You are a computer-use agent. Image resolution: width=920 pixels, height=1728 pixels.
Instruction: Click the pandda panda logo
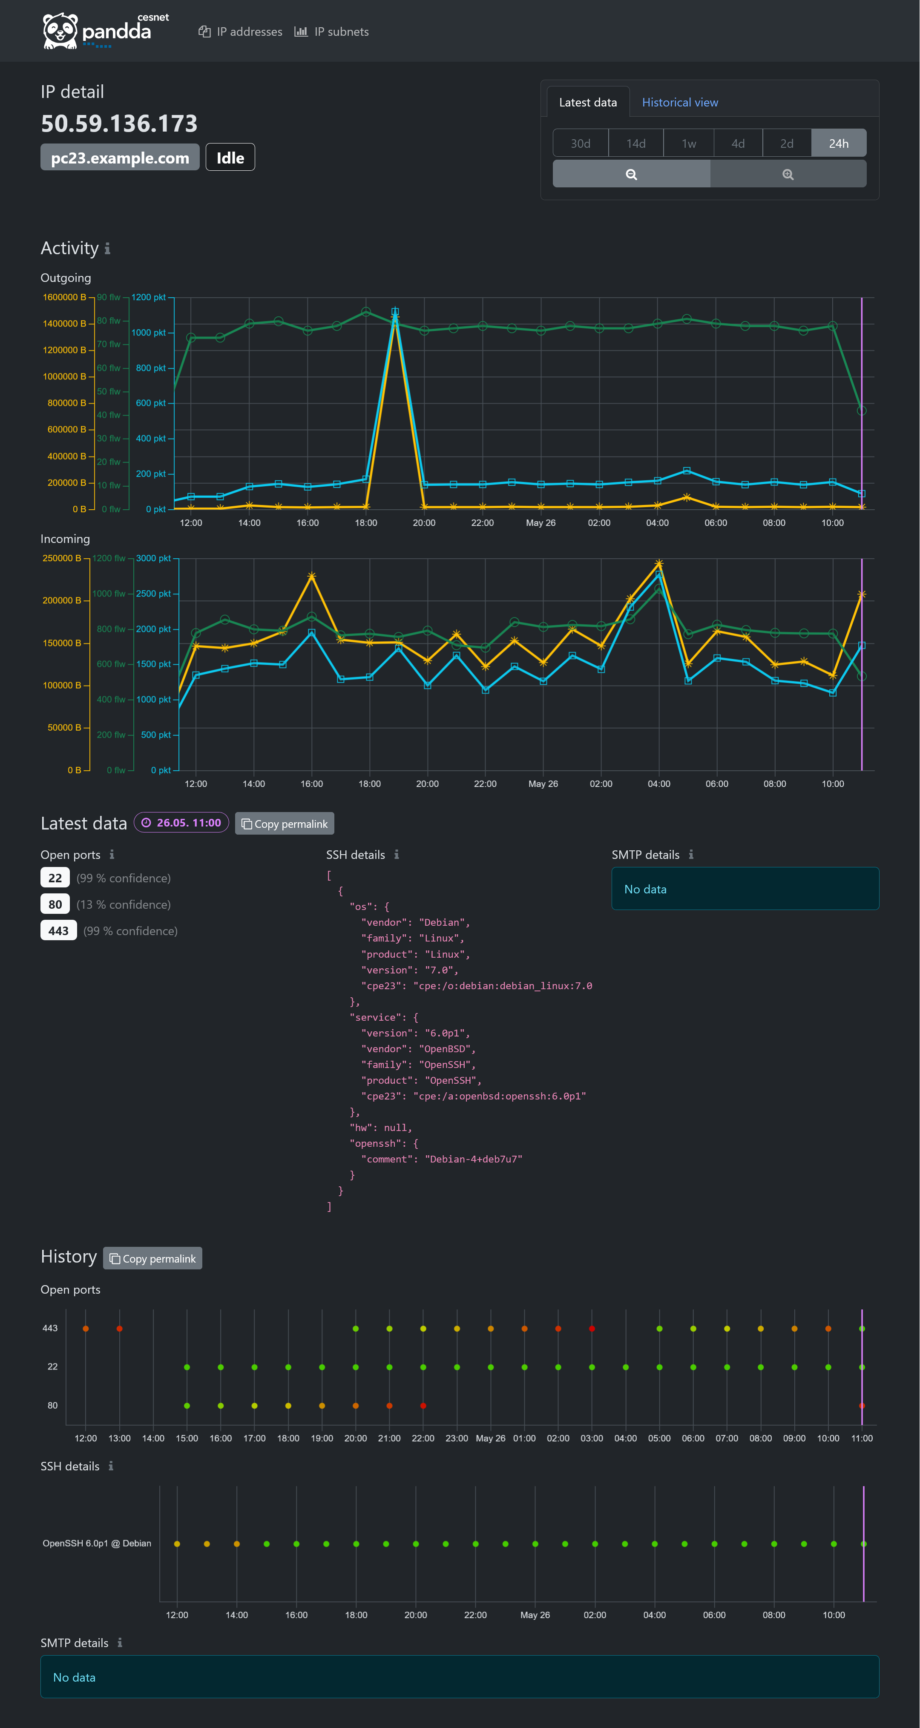(60, 31)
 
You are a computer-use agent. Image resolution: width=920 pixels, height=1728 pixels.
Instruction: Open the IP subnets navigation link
(332, 32)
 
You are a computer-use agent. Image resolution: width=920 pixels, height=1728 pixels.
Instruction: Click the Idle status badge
(230, 158)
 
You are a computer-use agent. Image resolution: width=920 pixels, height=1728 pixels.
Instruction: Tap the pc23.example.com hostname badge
(119, 158)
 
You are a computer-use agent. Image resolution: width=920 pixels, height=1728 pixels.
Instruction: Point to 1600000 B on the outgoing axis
(64, 297)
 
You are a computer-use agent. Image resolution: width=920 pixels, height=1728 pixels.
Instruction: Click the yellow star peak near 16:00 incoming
(311, 576)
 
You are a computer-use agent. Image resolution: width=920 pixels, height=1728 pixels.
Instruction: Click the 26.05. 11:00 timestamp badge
(182, 822)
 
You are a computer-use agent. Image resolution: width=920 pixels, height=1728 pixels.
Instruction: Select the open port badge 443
(58, 930)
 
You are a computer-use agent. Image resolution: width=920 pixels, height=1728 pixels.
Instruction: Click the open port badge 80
(55, 904)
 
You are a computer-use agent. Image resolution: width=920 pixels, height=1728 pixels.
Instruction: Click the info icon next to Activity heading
(107, 249)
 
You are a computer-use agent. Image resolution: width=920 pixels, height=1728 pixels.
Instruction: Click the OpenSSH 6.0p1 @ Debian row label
(97, 1543)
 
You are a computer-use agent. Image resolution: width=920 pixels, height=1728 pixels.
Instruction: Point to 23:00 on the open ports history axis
(456, 1438)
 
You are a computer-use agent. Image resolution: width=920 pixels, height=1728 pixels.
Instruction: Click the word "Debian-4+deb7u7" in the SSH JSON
(473, 1159)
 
